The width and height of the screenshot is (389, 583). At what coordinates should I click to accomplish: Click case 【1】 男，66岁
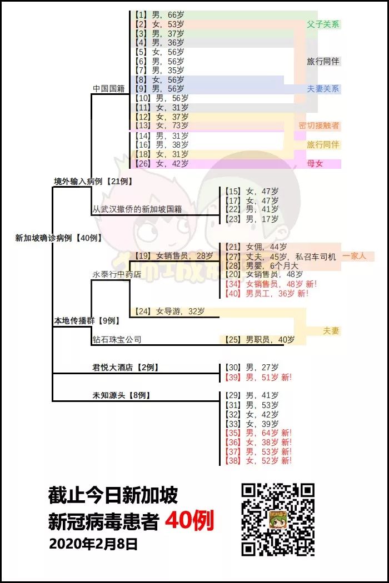coord(161,15)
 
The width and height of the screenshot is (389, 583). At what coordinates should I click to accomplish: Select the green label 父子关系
coord(323,24)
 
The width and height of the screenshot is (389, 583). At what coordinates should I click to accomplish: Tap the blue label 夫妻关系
coord(323,89)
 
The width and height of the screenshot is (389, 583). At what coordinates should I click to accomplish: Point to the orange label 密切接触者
coord(319,126)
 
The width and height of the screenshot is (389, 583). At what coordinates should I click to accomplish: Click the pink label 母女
coord(315,163)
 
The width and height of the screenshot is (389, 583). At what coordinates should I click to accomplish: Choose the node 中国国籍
coord(109,89)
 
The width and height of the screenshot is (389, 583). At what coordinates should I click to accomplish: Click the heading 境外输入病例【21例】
coord(93,182)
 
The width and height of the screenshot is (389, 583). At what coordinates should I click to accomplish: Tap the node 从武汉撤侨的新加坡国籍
coord(137,209)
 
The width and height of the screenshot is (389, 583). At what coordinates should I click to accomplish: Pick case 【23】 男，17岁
coord(251,219)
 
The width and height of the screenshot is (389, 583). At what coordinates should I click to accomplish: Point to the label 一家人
coord(354,256)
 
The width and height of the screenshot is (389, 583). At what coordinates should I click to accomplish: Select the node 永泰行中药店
coord(117,274)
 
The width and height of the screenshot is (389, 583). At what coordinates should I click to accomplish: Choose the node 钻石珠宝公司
coord(117,339)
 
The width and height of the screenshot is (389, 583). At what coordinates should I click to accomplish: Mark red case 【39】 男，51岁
coord(257,377)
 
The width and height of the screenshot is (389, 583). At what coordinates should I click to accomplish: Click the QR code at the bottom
coord(278,520)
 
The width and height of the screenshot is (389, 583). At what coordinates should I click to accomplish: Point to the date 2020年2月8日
coord(93,544)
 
